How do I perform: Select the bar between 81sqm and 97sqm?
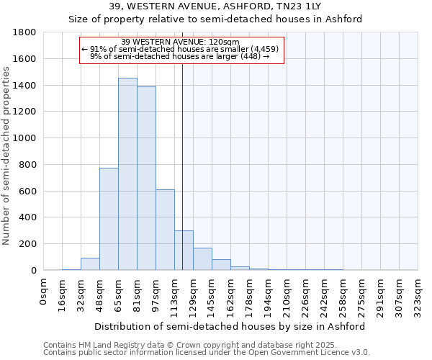146,178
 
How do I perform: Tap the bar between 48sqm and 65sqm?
109,219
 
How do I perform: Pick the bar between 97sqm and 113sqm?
165,230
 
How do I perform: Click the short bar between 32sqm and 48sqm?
90,264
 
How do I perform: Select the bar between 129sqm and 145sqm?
202,258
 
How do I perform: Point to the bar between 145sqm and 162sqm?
221,264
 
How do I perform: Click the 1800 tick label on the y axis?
25,32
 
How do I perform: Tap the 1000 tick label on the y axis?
25,138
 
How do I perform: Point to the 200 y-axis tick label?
28,244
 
